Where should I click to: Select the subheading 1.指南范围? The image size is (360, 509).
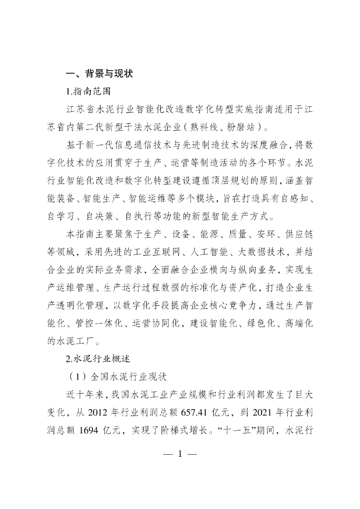point(89,91)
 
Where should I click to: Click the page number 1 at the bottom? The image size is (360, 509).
point(180,454)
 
